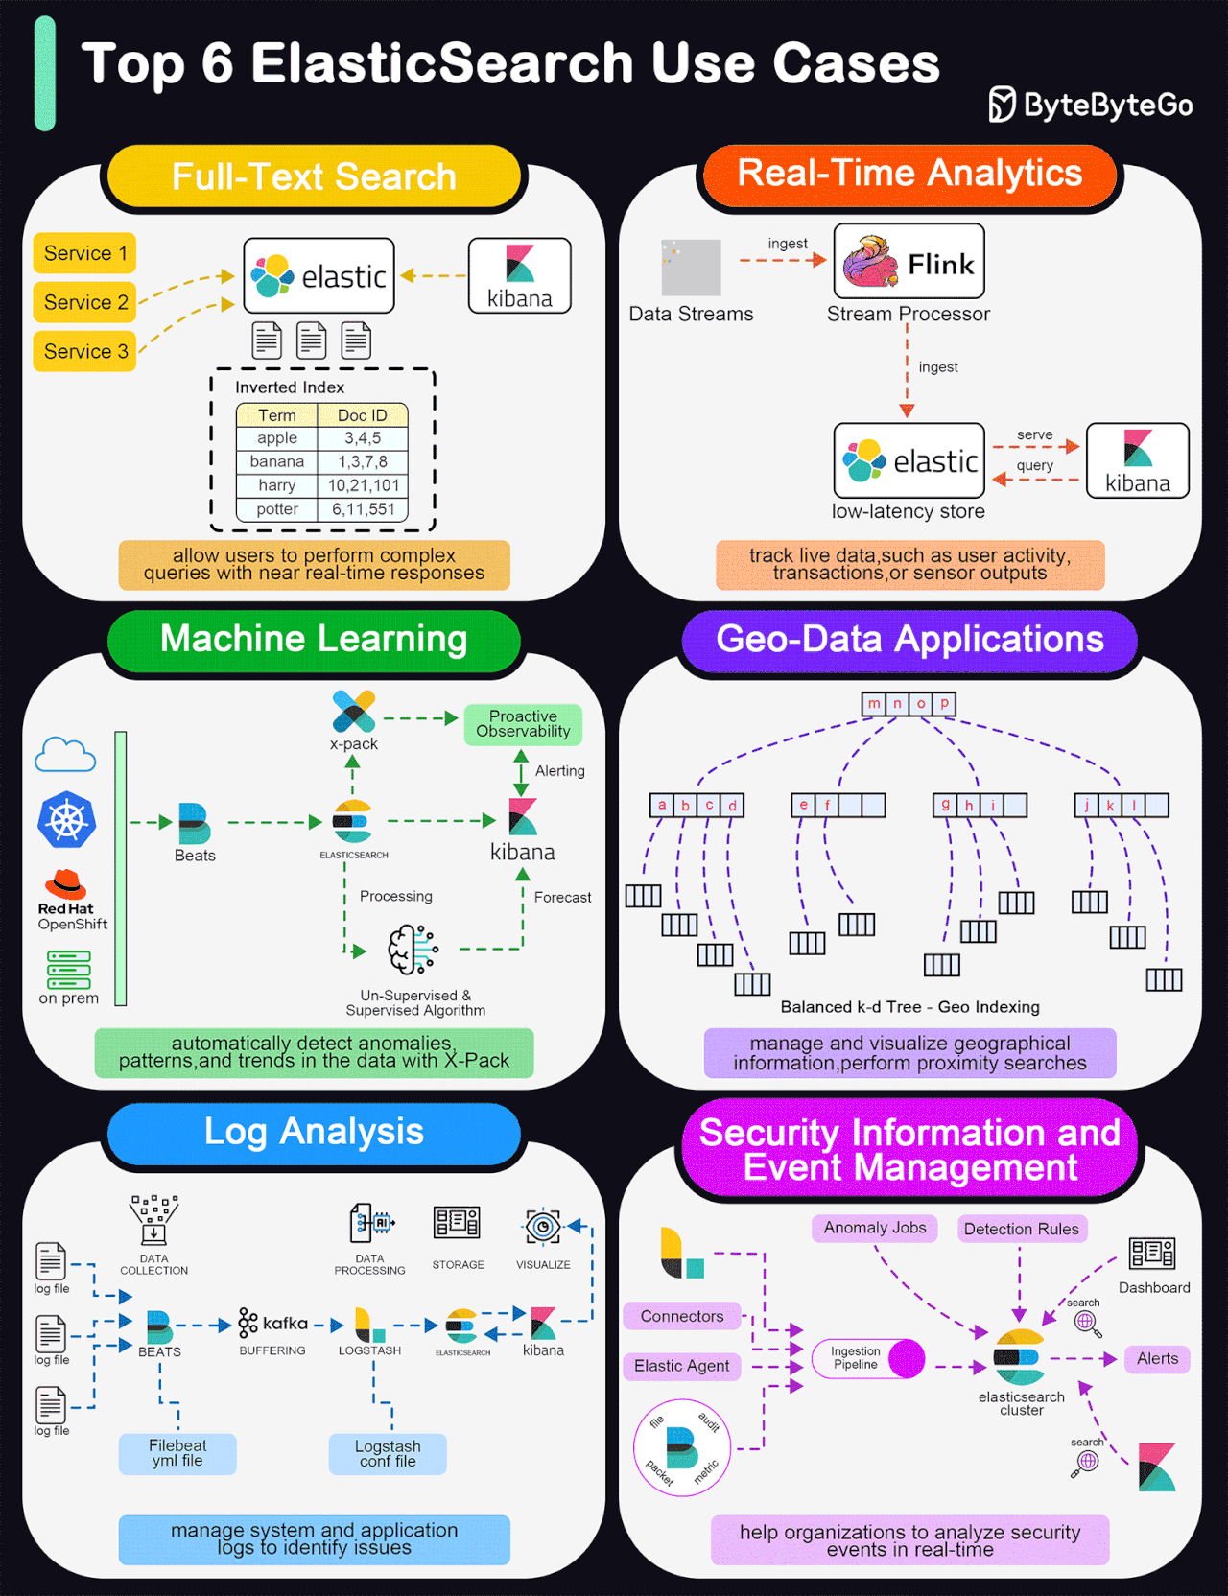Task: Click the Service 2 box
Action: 85,302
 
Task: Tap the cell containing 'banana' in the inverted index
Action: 277,461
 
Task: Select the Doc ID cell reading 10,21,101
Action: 363,485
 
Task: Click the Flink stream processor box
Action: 909,262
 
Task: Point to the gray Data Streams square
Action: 691,268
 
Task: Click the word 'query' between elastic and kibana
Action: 1034,465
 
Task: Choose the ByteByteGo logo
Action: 1091,105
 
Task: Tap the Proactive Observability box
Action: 523,724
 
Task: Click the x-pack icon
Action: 353,712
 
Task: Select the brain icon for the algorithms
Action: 413,950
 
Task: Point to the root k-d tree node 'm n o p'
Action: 909,704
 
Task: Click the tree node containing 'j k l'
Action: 1122,805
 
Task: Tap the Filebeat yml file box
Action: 177,1453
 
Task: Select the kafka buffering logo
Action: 273,1323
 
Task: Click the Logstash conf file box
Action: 388,1454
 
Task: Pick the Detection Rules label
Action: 1021,1229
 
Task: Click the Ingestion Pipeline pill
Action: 867,1358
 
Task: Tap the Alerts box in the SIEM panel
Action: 1157,1358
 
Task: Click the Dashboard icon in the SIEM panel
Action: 1152,1253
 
